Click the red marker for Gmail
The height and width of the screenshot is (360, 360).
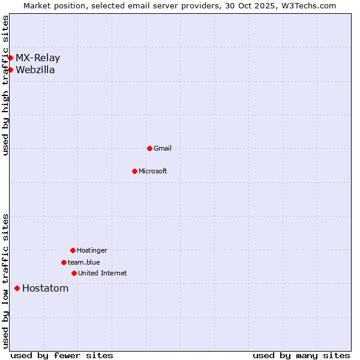click(x=149, y=148)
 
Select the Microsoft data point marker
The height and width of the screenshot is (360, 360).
click(x=134, y=171)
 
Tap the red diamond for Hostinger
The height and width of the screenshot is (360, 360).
click(x=73, y=250)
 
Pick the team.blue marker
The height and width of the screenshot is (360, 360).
click(x=64, y=262)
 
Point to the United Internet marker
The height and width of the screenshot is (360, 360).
click(x=74, y=273)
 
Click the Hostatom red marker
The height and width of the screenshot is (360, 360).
click(x=17, y=288)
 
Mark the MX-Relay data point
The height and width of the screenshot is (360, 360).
click(x=10, y=58)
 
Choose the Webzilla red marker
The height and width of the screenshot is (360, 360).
click(x=10, y=70)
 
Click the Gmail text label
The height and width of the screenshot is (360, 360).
click(x=163, y=148)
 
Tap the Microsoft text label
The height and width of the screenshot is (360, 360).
click(x=153, y=171)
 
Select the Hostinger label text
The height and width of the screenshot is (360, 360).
click(x=92, y=250)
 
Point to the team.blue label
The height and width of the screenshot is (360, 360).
click(x=84, y=262)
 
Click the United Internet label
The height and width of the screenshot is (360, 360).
click(x=103, y=273)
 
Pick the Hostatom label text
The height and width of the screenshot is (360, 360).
click(x=46, y=288)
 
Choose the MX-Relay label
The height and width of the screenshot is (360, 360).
click(x=38, y=58)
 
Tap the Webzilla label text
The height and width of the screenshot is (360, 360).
click(x=35, y=70)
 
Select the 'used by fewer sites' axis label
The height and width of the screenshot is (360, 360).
click(x=62, y=355)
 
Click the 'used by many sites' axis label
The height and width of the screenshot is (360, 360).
click(x=301, y=355)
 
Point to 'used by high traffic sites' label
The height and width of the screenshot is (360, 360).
click(x=6, y=85)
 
